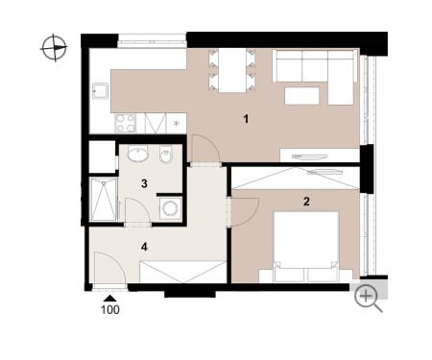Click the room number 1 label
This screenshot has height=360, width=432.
246,119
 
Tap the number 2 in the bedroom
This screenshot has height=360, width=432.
306,202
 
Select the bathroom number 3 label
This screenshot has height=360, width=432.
144,183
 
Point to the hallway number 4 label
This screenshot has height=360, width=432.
144,247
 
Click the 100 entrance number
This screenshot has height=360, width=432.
110,309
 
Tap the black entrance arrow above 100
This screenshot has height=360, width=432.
110,299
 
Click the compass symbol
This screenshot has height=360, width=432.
54,48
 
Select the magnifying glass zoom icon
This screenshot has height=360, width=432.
368,299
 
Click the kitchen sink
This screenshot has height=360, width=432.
100,91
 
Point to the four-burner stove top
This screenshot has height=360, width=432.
126,123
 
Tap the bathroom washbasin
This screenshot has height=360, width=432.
137,154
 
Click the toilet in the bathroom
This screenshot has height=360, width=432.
166,155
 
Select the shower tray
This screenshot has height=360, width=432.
104,200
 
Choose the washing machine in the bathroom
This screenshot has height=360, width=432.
171,208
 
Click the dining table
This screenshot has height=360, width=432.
232,70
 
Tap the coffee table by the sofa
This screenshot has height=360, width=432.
302,96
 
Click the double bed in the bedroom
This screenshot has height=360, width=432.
306,247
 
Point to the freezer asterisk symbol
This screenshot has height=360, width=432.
176,123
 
